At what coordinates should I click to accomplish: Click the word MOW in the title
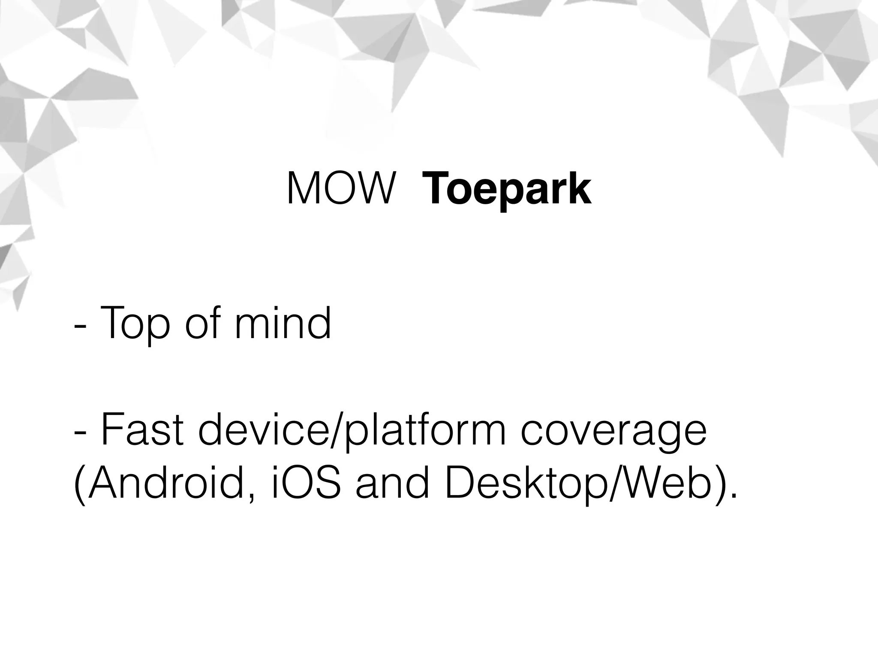340,189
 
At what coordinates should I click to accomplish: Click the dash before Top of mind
79,326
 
